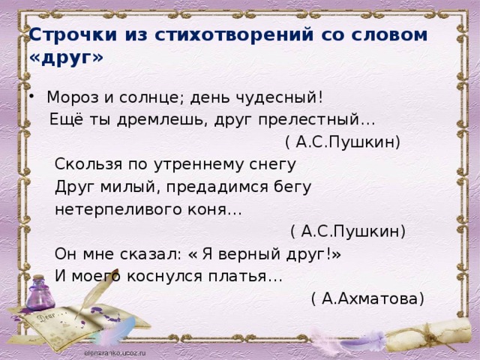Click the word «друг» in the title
point(66,57)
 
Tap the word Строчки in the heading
point(73,34)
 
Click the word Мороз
point(73,97)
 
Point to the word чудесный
point(279,98)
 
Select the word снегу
point(273,165)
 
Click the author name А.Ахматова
point(370,298)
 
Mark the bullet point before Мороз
point(31,96)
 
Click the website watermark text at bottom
point(115,352)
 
